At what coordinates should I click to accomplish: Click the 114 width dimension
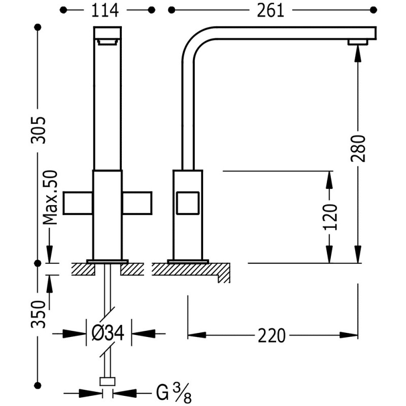click(108, 11)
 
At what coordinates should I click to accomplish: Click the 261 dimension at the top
click(270, 11)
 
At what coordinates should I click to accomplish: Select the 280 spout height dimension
click(358, 148)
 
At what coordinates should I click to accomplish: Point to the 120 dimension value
click(330, 217)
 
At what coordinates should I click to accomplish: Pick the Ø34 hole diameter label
click(109, 333)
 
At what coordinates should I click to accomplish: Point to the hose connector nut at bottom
click(108, 382)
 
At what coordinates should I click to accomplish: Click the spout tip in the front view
click(108, 41)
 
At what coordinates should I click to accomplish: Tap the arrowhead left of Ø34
click(78, 333)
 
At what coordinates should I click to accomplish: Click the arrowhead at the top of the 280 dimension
click(358, 51)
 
